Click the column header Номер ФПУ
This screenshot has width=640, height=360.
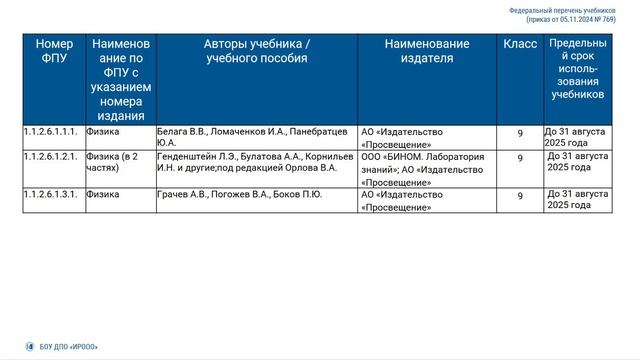54,52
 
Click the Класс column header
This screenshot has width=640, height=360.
520,45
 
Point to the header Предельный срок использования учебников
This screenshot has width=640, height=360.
577,69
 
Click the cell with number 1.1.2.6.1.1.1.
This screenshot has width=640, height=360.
50,131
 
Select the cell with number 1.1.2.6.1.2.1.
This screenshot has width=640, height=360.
50,157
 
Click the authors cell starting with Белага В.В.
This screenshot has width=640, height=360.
256,137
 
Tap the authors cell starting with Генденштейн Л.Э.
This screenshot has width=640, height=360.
256,163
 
